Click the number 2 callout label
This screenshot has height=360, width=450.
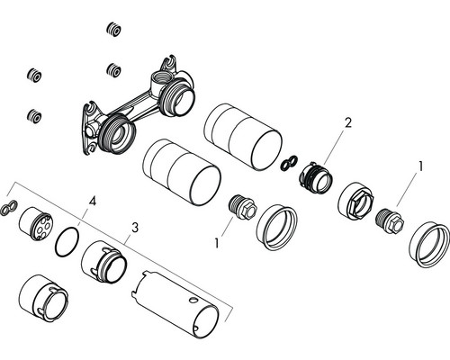(347, 122)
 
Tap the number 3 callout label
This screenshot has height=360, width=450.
(135, 228)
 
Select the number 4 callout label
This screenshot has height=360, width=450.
(93, 201)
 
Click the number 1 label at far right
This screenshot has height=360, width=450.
(421, 166)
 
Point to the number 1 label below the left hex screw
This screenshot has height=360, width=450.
(217, 244)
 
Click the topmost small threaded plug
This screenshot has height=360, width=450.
(113, 30)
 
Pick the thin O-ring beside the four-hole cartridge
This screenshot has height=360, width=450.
(67, 241)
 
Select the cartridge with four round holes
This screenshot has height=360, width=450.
(36, 223)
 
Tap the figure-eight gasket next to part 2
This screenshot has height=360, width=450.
(289, 163)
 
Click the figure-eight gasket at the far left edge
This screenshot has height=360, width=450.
(9, 207)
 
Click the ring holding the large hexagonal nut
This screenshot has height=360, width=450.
(355, 200)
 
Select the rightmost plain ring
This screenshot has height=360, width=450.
(429, 245)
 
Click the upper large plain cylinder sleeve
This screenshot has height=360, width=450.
(243, 137)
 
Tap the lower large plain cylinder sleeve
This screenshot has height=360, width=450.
(182, 172)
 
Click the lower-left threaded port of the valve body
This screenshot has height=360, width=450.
(118, 134)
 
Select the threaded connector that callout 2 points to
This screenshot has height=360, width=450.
(316, 177)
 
